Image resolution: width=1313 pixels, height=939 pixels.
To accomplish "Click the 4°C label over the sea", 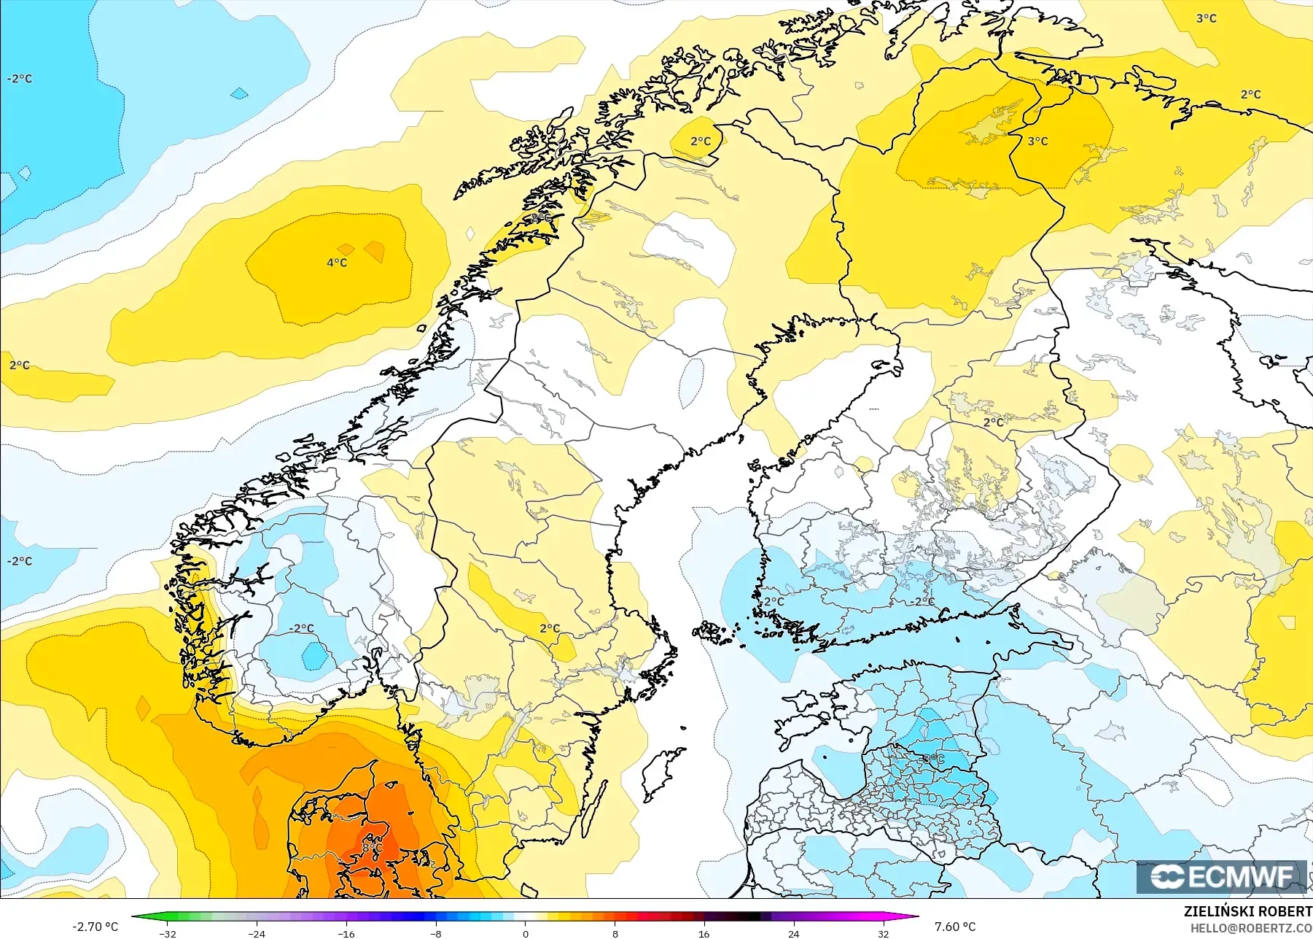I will click(337, 263).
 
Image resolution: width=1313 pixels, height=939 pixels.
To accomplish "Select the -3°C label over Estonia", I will click(933, 760).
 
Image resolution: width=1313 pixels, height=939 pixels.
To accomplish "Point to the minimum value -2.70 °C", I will click(95, 927).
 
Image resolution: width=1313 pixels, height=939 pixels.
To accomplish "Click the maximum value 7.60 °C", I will click(955, 927).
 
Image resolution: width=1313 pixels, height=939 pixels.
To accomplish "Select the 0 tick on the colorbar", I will click(525, 933).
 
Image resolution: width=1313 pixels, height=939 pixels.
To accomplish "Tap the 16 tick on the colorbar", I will click(704, 933).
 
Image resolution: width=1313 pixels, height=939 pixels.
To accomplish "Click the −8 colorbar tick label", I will click(435, 933).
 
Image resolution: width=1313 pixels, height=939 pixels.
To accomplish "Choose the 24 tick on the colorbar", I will click(793, 933).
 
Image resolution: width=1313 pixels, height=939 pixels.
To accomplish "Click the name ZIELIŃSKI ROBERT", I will click(1247, 911).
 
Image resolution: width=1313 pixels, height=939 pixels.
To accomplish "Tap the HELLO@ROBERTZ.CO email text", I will click(1251, 928).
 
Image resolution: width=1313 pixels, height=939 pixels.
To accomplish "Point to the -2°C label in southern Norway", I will click(301, 628).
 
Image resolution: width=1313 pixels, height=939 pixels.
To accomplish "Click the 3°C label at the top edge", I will click(1206, 18).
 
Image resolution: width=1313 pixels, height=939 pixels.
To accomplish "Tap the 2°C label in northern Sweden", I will click(700, 142).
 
